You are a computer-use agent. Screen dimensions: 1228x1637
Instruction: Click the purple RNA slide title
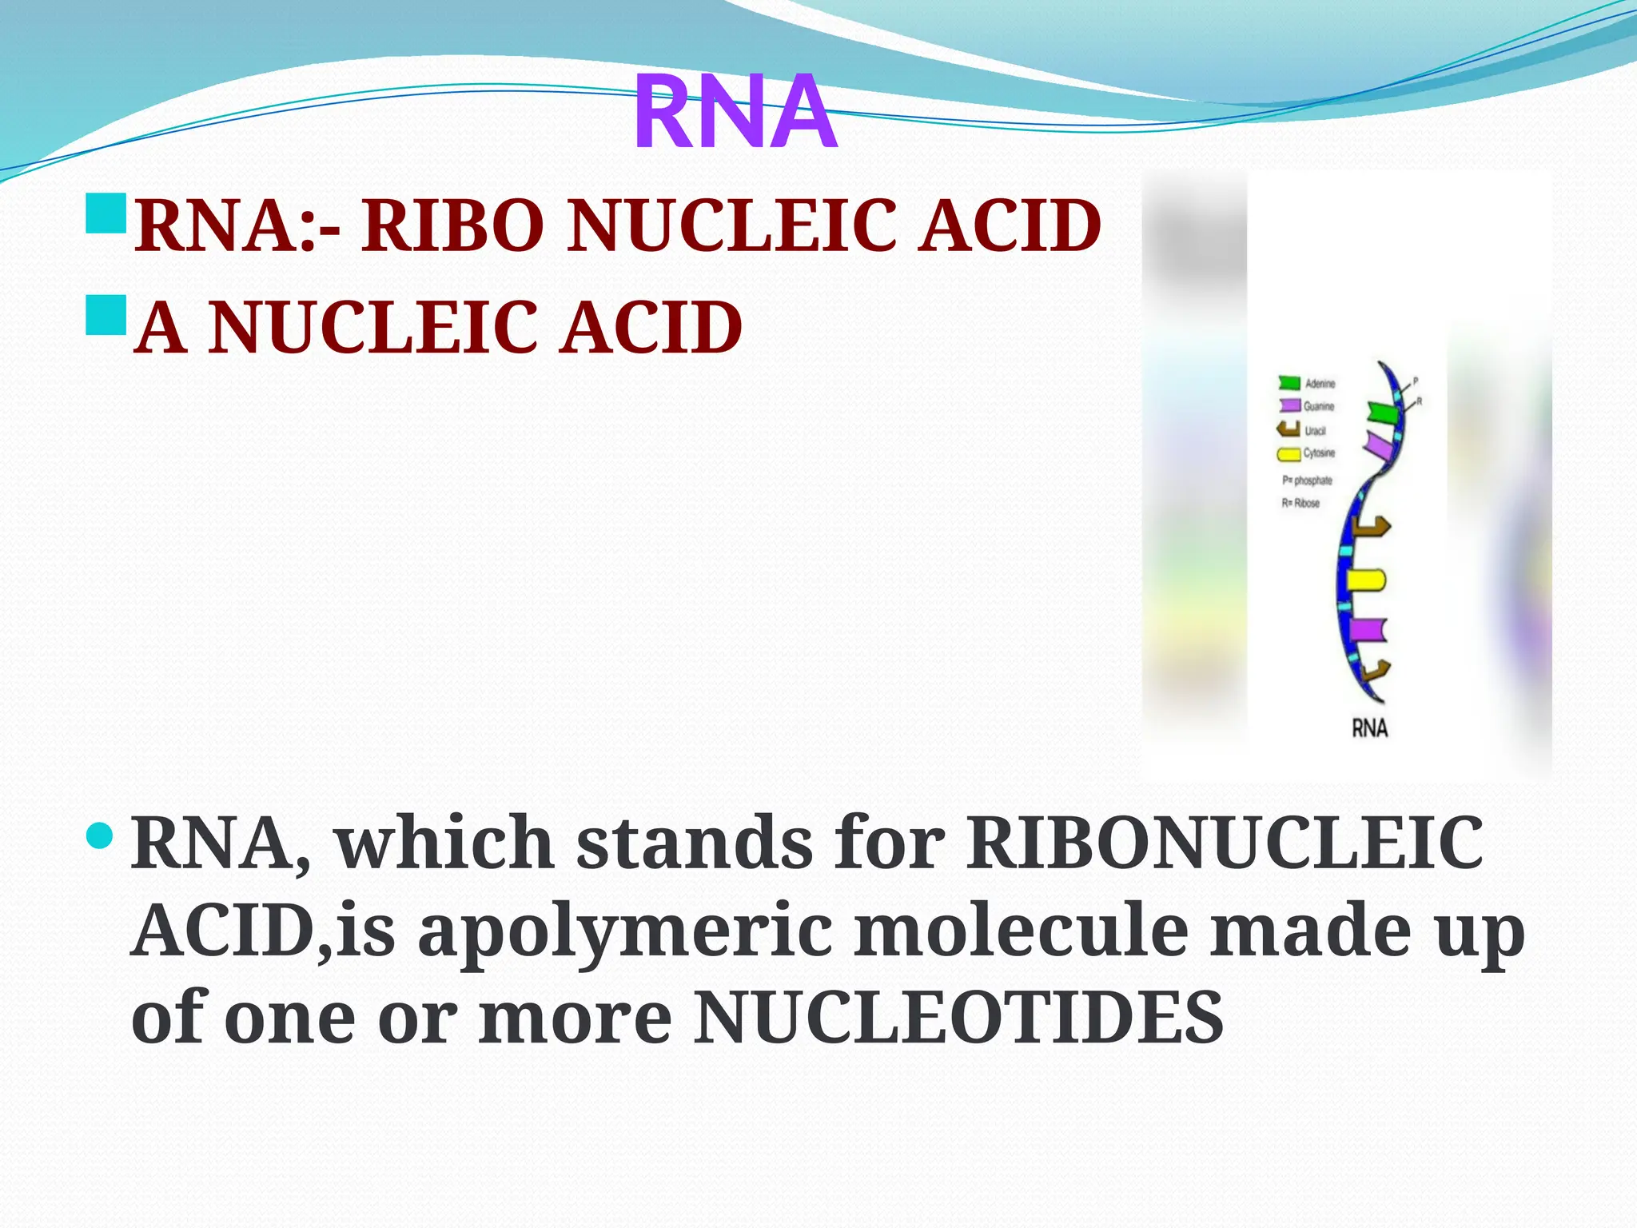(x=735, y=112)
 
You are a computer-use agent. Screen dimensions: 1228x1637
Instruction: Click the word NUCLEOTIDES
(x=958, y=1018)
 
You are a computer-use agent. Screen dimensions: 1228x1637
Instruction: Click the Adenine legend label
(x=1320, y=384)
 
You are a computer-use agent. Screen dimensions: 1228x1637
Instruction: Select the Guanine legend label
(x=1319, y=406)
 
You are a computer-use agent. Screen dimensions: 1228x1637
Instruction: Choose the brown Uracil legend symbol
(x=1288, y=429)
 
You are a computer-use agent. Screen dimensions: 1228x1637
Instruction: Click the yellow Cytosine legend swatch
(x=1288, y=454)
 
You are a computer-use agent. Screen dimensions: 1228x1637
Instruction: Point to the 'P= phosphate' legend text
(x=1307, y=480)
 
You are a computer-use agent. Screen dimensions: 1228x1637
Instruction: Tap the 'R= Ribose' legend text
(x=1300, y=503)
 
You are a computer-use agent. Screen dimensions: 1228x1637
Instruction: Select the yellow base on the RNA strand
(x=1365, y=580)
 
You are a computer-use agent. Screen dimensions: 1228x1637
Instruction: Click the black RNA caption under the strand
(x=1369, y=728)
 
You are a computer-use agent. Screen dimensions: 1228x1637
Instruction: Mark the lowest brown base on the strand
(x=1376, y=671)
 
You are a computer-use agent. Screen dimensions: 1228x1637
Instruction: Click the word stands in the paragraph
(x=694, y=843)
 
